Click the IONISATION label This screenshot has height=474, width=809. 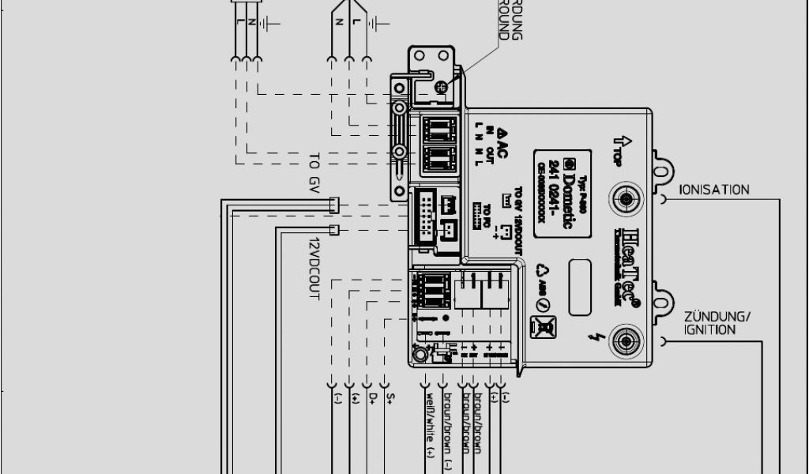point(714,190)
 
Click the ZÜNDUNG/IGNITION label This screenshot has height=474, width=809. point(717,323)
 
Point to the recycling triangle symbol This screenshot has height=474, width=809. point(543,270)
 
